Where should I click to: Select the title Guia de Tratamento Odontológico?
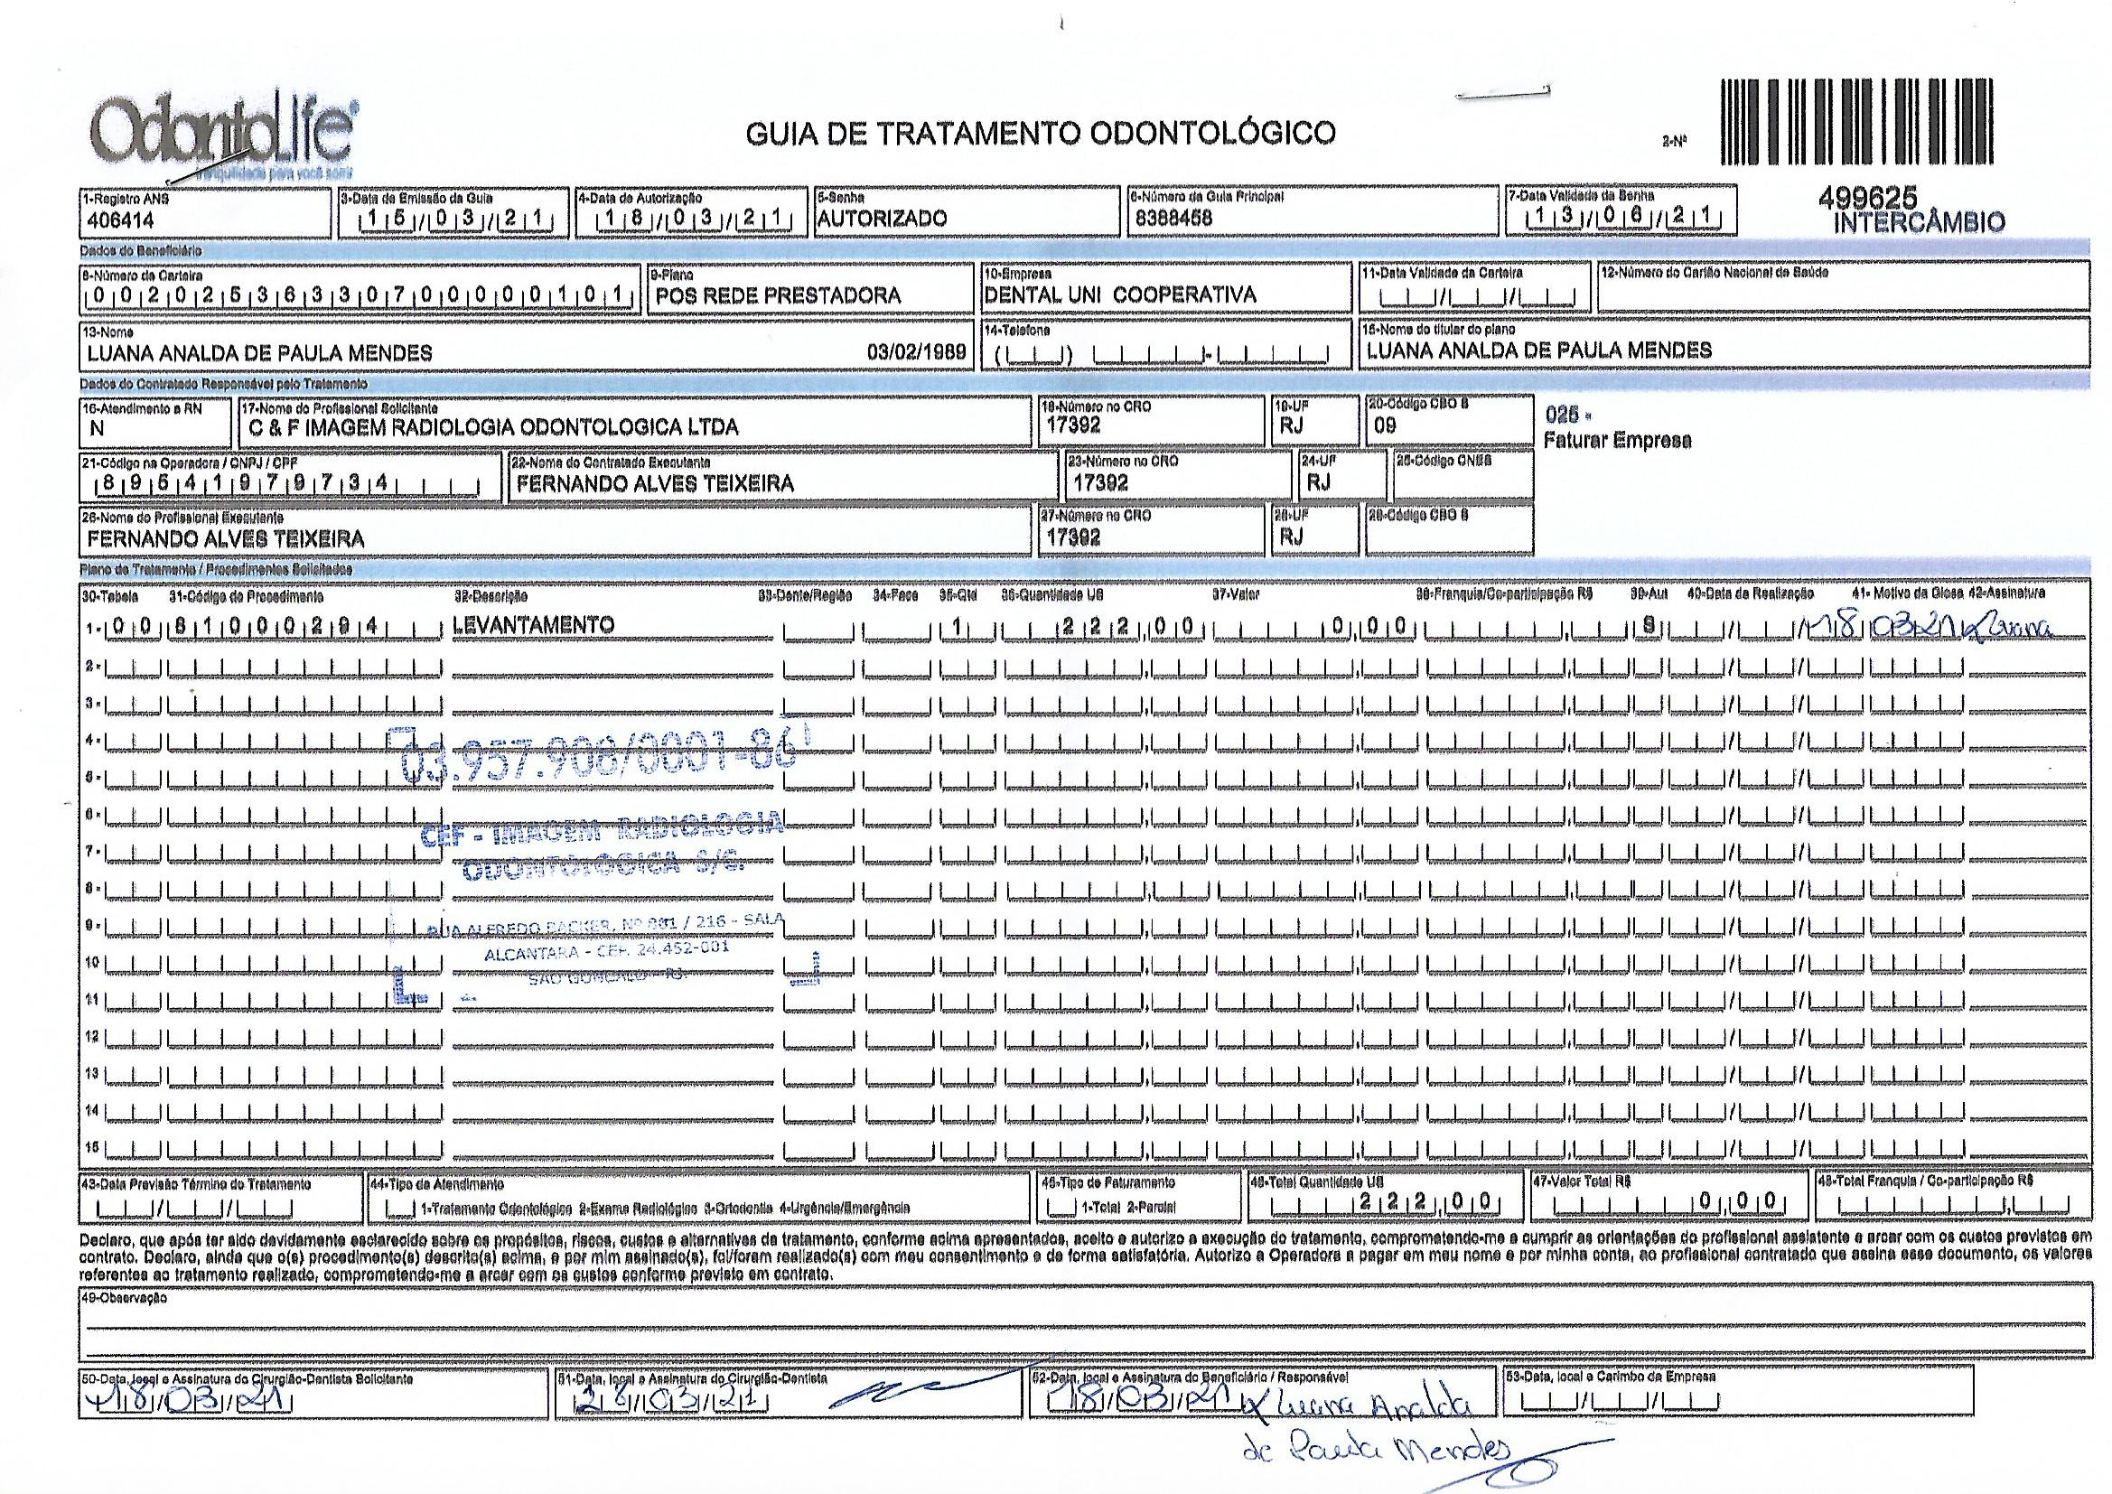pyautogui.click(x=1040, y=135)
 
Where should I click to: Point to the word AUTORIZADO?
pyautogui.click(x=882, y=219)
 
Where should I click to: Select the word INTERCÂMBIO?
pyautogui.click(x=1919, y=221)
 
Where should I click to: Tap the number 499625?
pyautogui.click(x=1871, y=198)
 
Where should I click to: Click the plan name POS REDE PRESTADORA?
pyautogui.click(x=777, y=296)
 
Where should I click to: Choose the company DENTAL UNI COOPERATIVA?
pyautogui.click(x=1119, y=295)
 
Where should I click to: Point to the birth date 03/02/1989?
pyautogui.click(x=916, y=352)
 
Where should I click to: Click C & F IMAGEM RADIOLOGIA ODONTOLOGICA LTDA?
pyautogui.click(x=494, y=427)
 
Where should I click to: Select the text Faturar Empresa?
pyautogui.click(x=1616, y=441)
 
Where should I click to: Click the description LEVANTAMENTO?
pyautogui.click(x=534, y=626)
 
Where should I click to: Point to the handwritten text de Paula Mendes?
pyautogui.click(x=1375, y=1453)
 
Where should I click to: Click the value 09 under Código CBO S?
pyautogui.click(x=1385, y=427)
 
